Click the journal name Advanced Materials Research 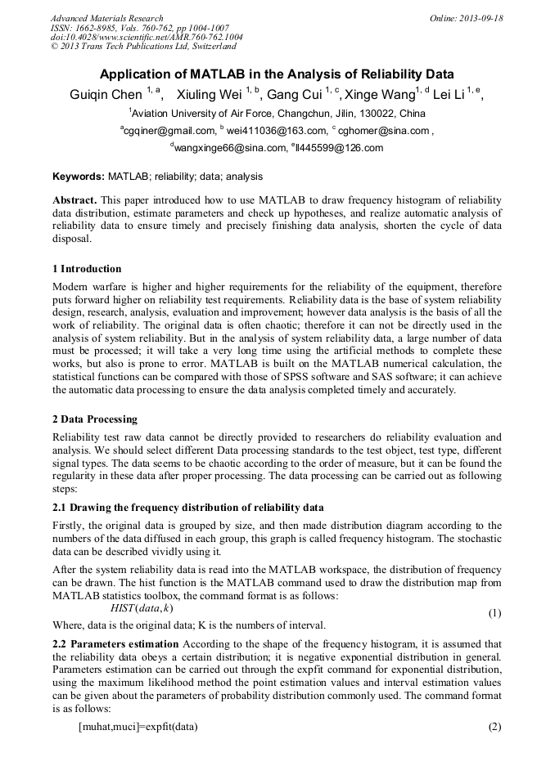click(106, 18)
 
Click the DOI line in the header click(147, 38)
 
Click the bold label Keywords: click(79, 176)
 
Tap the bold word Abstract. click(74, 200)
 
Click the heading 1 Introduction click(86, 269)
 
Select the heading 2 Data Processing click(94, 419)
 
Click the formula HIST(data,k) click(141, 608)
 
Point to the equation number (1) click(494, 613)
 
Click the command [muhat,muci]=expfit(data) click(138, 727)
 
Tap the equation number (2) click(494, 727)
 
